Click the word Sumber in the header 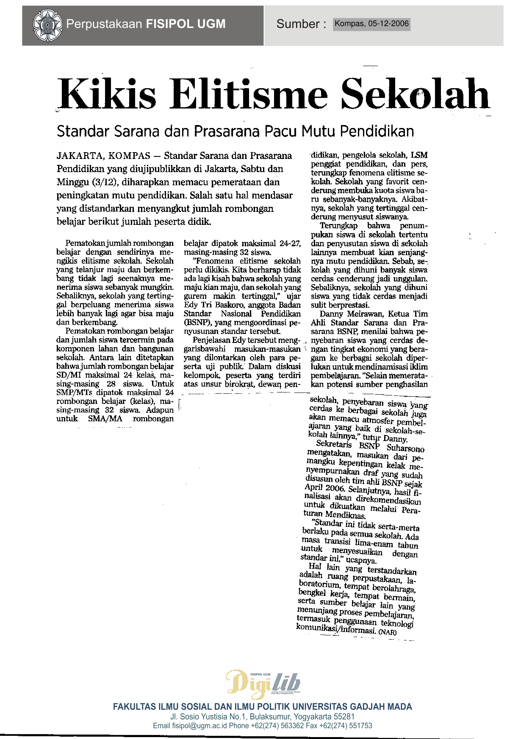click(x=298, y=24)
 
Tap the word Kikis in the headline click(x=107, y=94)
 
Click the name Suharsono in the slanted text click(x=405, y=448)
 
